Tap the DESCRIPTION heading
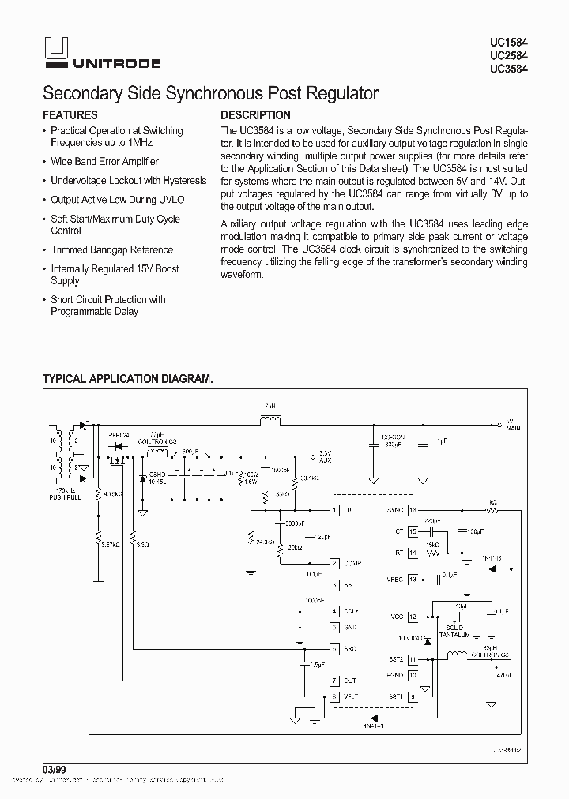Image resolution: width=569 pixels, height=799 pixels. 255,115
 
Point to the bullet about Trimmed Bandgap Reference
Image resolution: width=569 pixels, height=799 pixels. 111,249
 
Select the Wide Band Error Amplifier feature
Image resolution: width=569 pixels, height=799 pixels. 104,161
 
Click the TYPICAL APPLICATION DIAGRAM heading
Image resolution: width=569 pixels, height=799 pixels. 127,379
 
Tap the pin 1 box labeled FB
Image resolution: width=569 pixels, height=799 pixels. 335,511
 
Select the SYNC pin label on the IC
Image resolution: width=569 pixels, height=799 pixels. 396,511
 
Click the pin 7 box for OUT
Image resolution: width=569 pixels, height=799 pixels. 335,681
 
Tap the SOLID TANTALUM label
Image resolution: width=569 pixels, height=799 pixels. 454,630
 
